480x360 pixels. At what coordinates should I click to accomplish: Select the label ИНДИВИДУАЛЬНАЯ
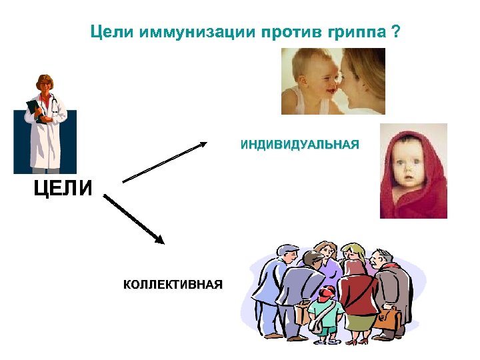pyautogui.click(x=299, y=145)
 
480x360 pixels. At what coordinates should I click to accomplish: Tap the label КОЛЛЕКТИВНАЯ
pyautogui.click(x=173, y=285)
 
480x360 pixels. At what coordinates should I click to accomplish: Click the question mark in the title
pyautogui.click(x=397, y=32)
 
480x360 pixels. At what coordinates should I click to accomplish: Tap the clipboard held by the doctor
pyautogui.click(x=35, y=110)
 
